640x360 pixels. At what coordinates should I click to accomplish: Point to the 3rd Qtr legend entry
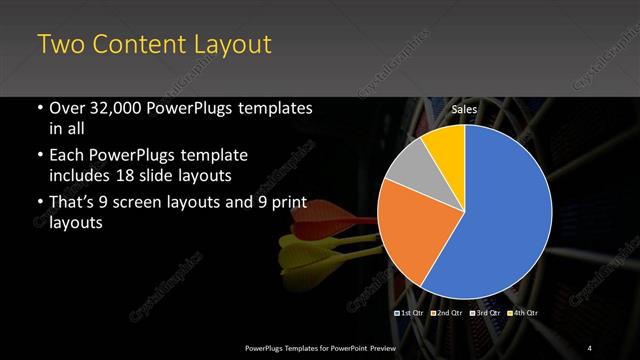point(484,314)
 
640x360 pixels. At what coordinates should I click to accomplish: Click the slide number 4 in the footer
point(590,347)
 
